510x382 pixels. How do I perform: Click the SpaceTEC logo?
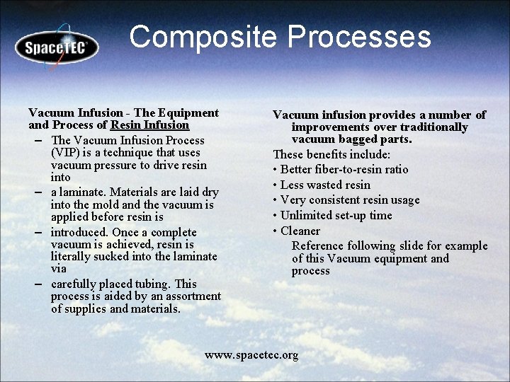click(x=57, y=47)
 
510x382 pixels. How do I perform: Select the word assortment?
click(x=191, y=296)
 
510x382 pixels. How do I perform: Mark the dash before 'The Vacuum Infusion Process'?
click(x=36, y=140)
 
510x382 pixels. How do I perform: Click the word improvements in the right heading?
click(x=327, y=127)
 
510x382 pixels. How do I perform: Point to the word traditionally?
click(x=433, y=127)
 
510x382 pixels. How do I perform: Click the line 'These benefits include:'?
click(x=331, y=154)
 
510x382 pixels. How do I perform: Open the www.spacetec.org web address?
click(x=251, y=355)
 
